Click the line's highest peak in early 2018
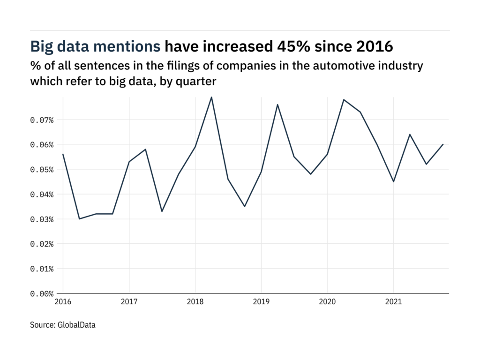pos(211,97)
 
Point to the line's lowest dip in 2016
pos(79,219)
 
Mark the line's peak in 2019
pos(277,105)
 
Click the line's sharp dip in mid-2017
pos(162,211)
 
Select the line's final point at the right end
pos(443,144)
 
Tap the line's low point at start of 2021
pos(393,181)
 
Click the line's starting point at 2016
pos(63,154)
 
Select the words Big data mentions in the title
pos(96,47)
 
